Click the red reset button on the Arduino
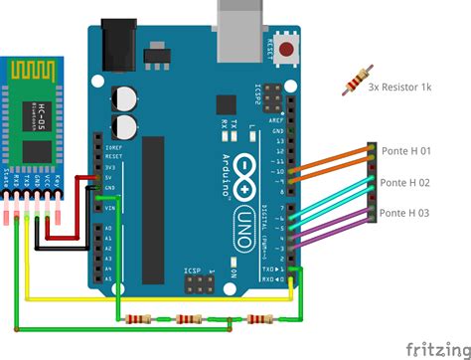coord(289,48)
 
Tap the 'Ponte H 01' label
coord(405,152)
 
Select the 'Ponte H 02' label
coord(405,183)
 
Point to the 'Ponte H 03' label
coord(405,213)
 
